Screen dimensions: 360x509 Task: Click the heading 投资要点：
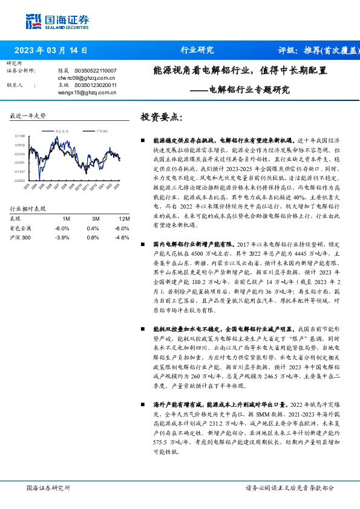160,117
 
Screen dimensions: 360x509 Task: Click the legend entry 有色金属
61,130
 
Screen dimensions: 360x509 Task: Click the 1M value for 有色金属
62,228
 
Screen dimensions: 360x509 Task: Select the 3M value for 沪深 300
93,238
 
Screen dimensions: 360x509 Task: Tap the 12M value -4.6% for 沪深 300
123,238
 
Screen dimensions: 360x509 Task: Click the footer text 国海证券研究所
49,487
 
